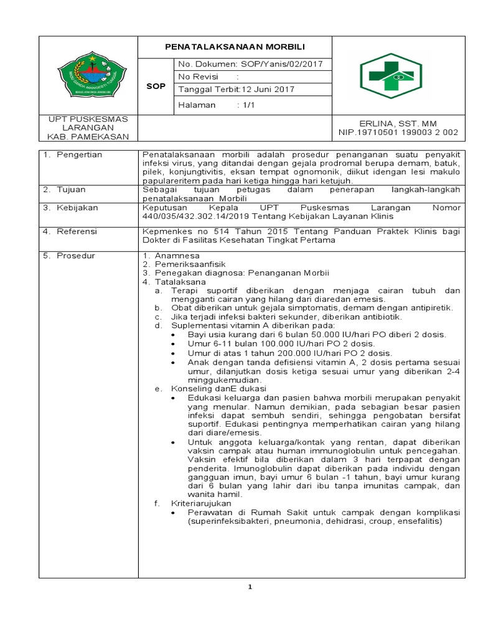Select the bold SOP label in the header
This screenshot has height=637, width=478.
click(x=155, y=86)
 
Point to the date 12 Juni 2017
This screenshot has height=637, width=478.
click(x=268, y=89)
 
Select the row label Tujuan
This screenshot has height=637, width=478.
click(x=74, y=189)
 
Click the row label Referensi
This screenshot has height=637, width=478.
click(x=79, y=231)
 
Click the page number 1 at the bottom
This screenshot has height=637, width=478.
click(x=249, y=587)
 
